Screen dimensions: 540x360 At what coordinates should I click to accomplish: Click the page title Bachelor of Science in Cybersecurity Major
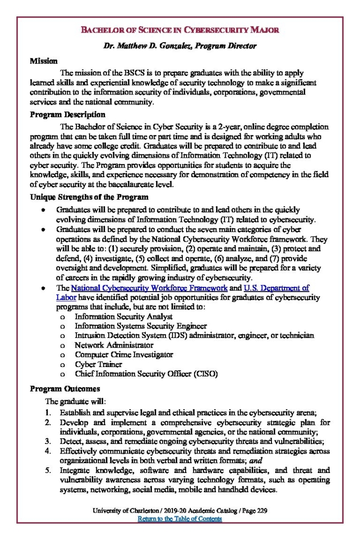(180, 30)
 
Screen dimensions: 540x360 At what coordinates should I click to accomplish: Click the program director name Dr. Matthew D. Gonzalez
(180, 46)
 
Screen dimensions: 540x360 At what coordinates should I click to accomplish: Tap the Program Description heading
(67, 114)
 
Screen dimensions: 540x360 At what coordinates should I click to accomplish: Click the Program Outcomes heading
(65, 389)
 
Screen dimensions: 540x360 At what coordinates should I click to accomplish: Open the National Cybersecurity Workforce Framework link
(149, 288)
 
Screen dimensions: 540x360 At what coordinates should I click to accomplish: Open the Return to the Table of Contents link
(180, 519)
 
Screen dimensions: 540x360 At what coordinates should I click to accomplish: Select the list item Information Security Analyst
(124, 316)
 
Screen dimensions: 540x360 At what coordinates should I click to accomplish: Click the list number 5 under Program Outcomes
(47, 470)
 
